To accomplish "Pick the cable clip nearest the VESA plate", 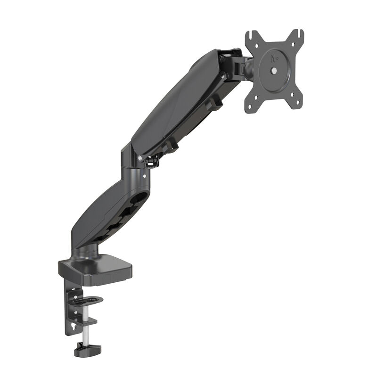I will (x=215, y=102).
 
